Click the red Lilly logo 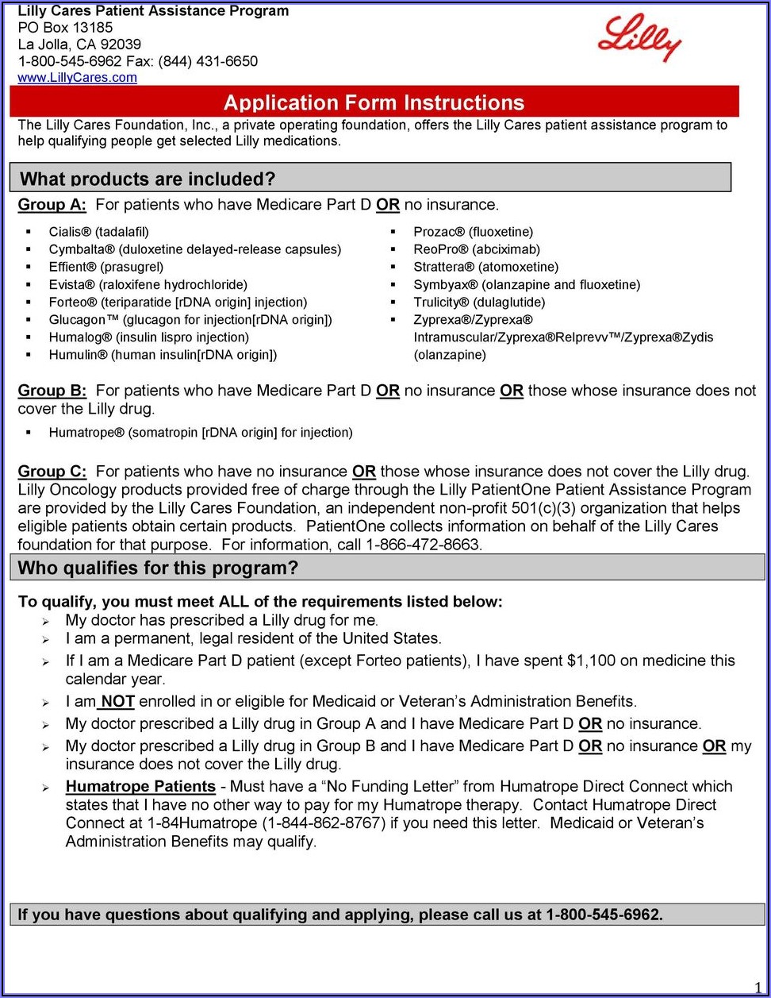tap(640, 38)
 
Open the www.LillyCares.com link tap(77, 78)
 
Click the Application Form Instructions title tap(374, 102)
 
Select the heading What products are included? tap(148, 179)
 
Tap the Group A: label tap(52, 205)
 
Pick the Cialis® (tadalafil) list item tap(98, 232)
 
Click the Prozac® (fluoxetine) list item tap(473, 232)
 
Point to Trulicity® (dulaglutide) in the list tap(479, 302)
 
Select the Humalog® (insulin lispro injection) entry tap(148, 337)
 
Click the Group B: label tap(52, 391)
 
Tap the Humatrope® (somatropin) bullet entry tap(200, 433)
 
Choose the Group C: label tap(52, 472)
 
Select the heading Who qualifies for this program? tap(158, 568)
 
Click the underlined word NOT tap(117, 702)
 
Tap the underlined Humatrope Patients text tap(140, 787)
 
